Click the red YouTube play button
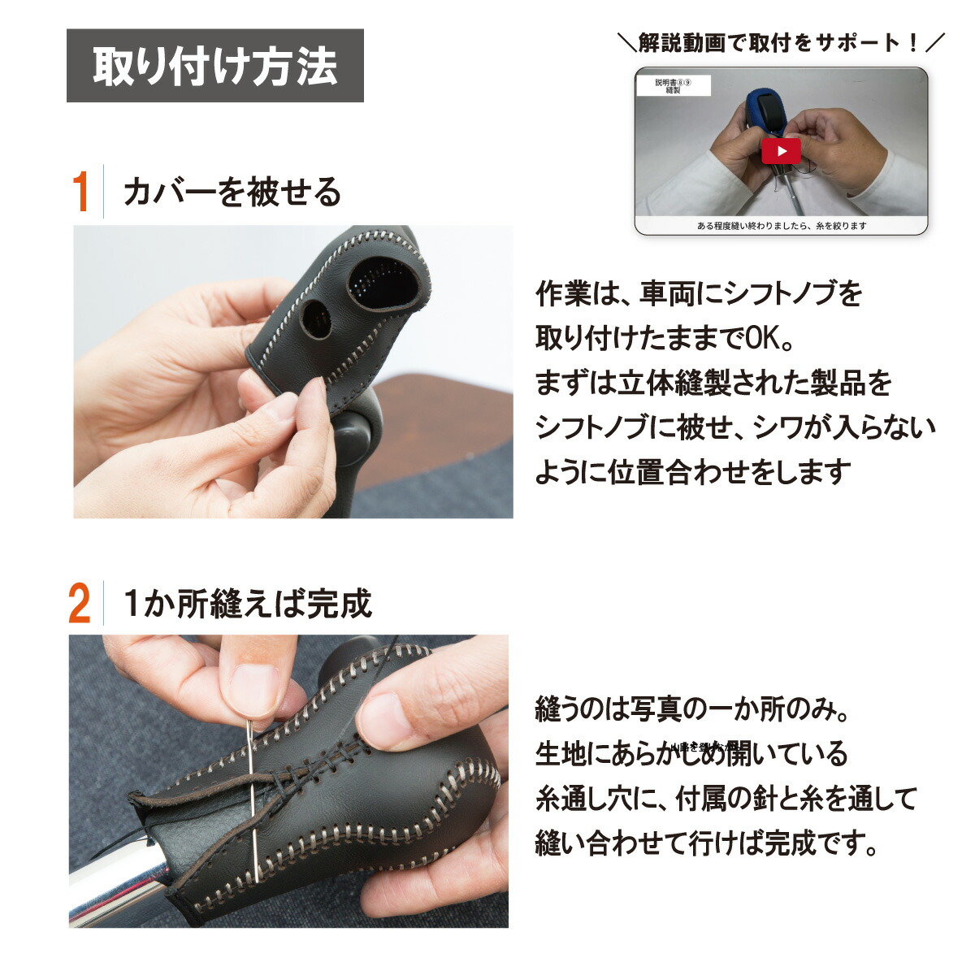[781, 150]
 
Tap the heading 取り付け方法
[214, 66]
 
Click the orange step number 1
[80, 192]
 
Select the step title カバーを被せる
[232, 193]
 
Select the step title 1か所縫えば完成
[247, 604]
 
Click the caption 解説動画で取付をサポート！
[781, 43]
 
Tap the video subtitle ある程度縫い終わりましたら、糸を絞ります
[781, 226]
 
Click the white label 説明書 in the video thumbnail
[673, 85]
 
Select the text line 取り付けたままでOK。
[664, 338]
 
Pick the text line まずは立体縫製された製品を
[713, 383]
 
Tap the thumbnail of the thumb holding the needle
[251, 682]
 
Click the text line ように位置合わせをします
[692, 472]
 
